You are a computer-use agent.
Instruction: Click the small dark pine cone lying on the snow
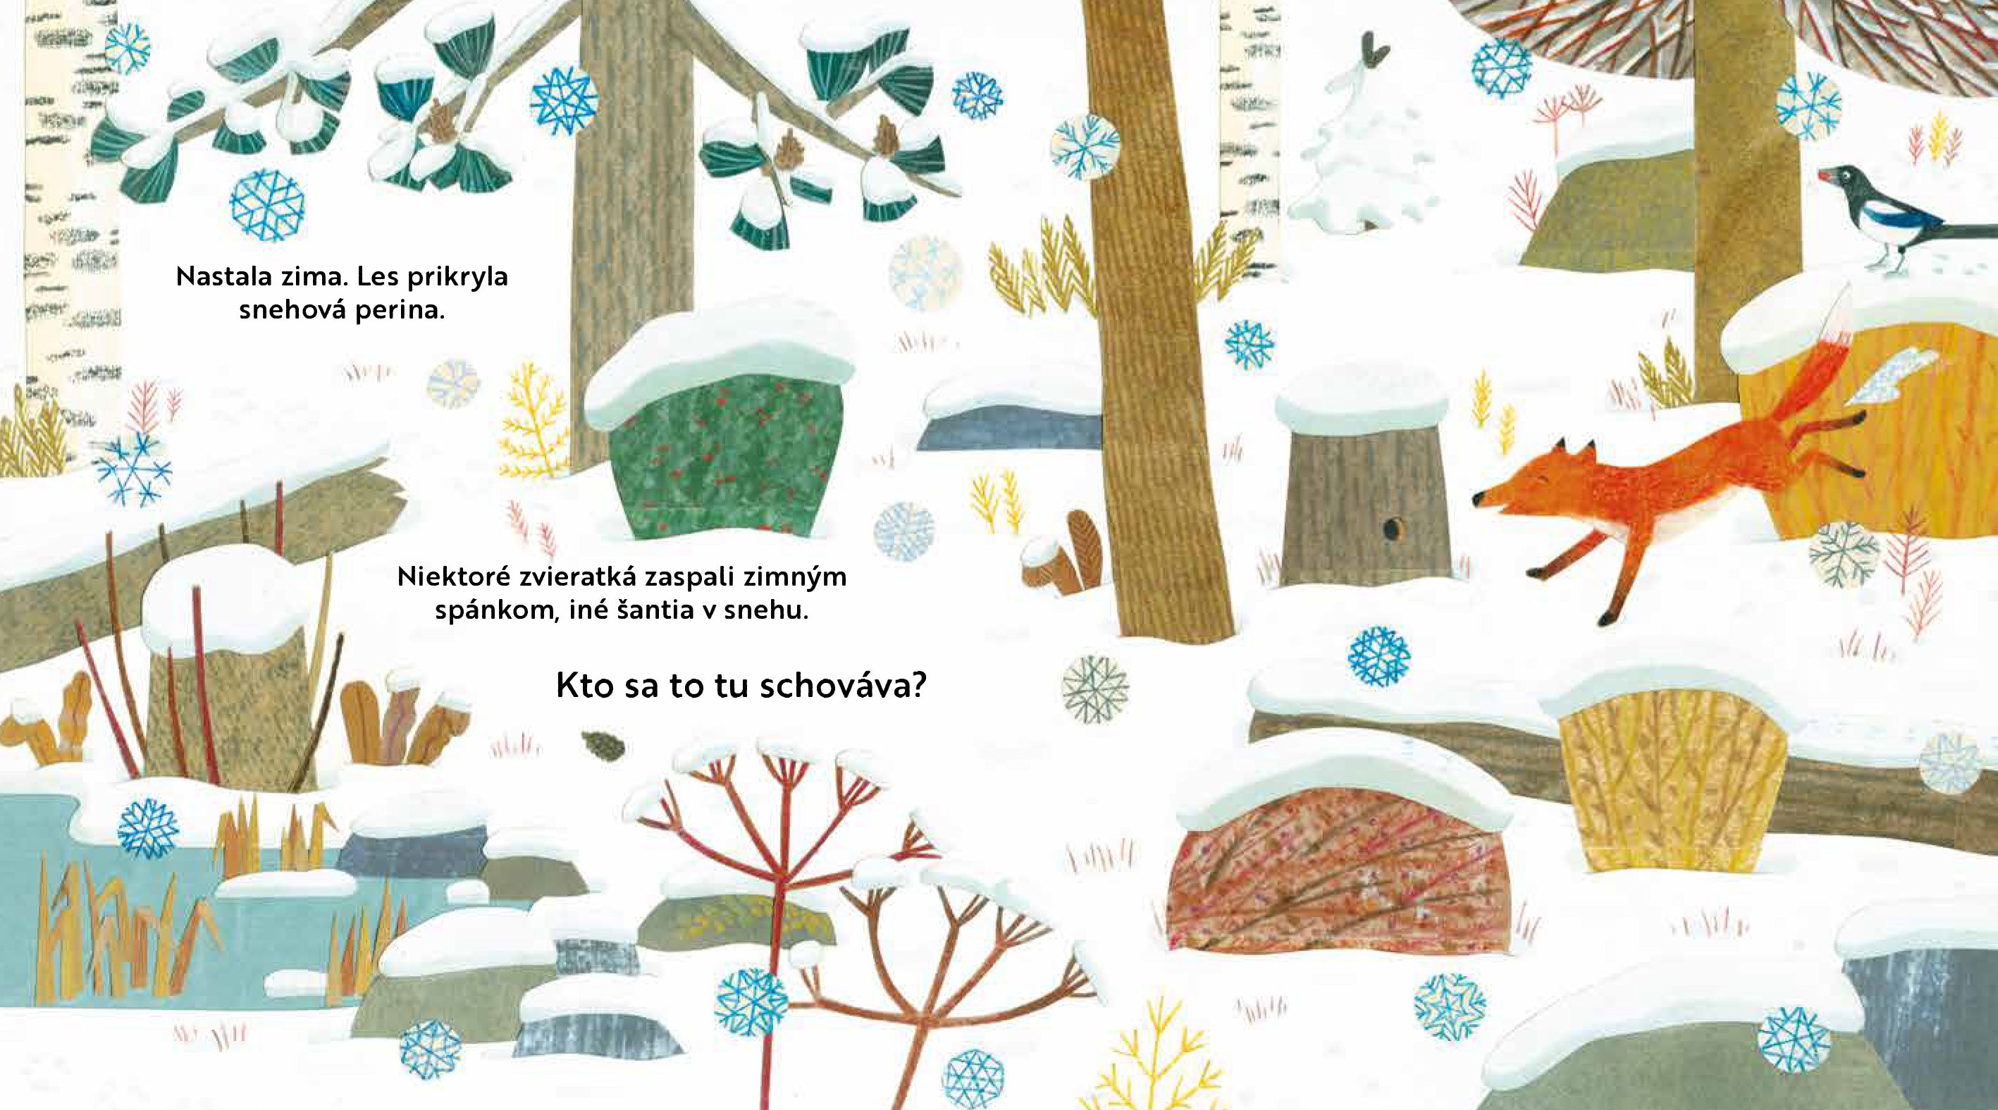(601, 745)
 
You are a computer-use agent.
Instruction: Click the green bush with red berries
(722, 457)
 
